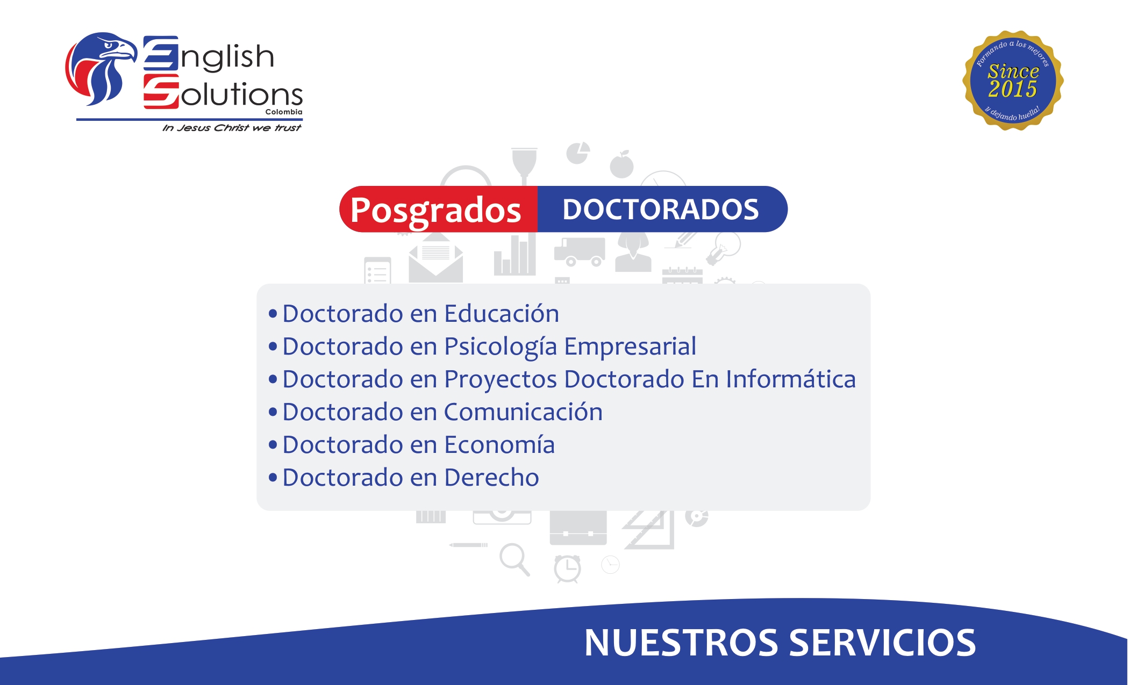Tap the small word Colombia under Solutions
coord(284,112)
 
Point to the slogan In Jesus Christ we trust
coord(232,128)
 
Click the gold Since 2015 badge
coord(1013,81)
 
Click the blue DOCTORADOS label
coord(660,210)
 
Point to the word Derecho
coord(491,478)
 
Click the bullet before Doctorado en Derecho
coord(273,477)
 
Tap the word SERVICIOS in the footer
coord(882,643)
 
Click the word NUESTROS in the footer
coord(681,643)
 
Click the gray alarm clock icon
coord(567,568)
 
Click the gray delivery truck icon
coord(580,251)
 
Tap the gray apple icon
coord(621,165)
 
